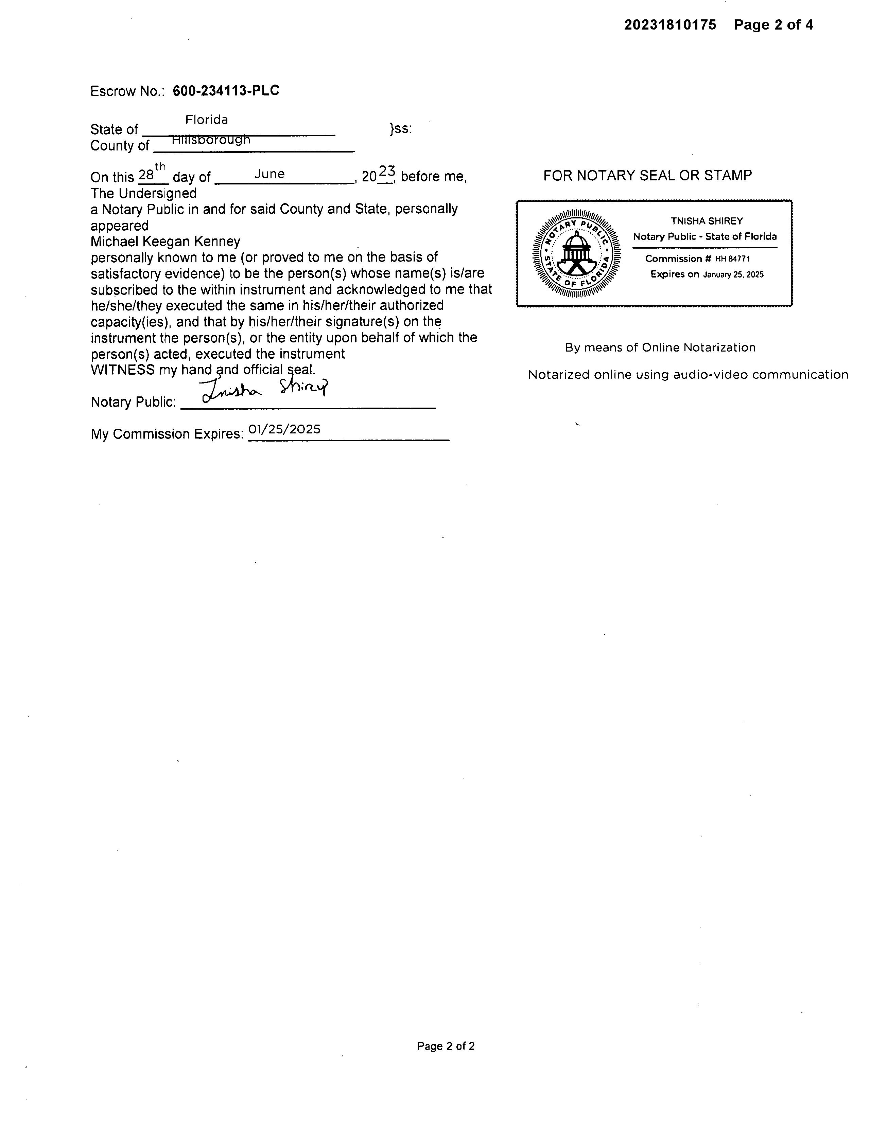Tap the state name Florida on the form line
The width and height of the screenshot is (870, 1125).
click(207, 120)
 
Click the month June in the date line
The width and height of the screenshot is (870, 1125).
click(269, 174)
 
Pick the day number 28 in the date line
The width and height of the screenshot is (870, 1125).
click(146, 175)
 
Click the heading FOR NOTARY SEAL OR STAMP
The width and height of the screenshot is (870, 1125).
click(647, 176)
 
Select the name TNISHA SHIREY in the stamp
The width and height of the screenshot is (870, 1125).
click(707, 221)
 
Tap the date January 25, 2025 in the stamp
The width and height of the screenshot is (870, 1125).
click(733, 274)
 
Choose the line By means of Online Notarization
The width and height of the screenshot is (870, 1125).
click(660, 348)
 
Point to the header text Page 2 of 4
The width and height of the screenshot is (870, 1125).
click(773, 25)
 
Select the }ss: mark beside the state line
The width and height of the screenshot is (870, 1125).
click(400, 128)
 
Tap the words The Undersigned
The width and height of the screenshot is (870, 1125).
click(144, 193)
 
